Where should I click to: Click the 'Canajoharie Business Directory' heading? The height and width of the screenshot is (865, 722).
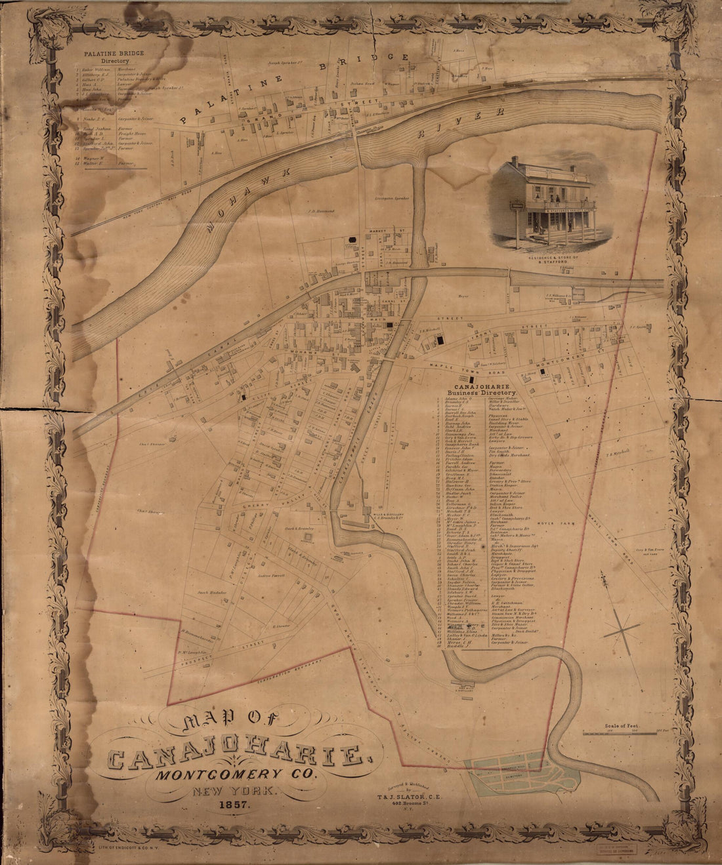(x=482, y=389)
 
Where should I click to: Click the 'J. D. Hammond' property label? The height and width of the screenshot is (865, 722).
(x=320, y=211)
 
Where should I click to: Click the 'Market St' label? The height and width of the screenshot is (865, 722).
(x=396, y=231)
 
